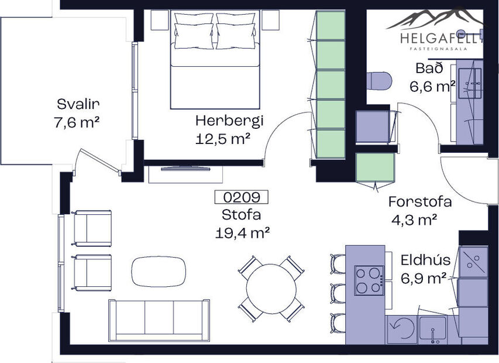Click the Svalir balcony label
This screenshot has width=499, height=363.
(78, 104)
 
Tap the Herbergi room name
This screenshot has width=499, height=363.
(229, 121)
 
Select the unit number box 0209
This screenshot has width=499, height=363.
(241, 197)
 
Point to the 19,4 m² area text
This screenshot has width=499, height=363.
(242, 233)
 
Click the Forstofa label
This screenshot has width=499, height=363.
(420, 202)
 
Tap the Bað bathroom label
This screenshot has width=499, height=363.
(426, 69)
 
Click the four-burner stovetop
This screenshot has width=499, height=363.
(369, 280)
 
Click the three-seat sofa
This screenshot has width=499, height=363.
(159, 319)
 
